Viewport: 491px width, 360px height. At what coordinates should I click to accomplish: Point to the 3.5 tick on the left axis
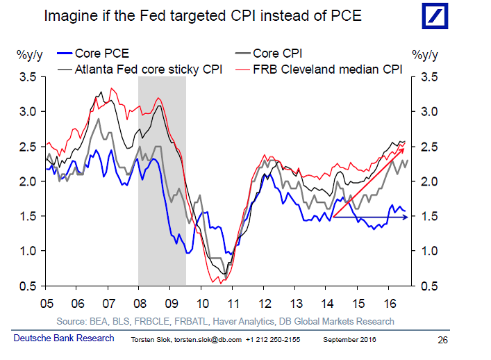27,76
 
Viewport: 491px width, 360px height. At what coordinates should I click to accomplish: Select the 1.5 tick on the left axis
27,216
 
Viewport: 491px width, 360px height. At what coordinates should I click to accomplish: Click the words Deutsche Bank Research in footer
64,338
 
